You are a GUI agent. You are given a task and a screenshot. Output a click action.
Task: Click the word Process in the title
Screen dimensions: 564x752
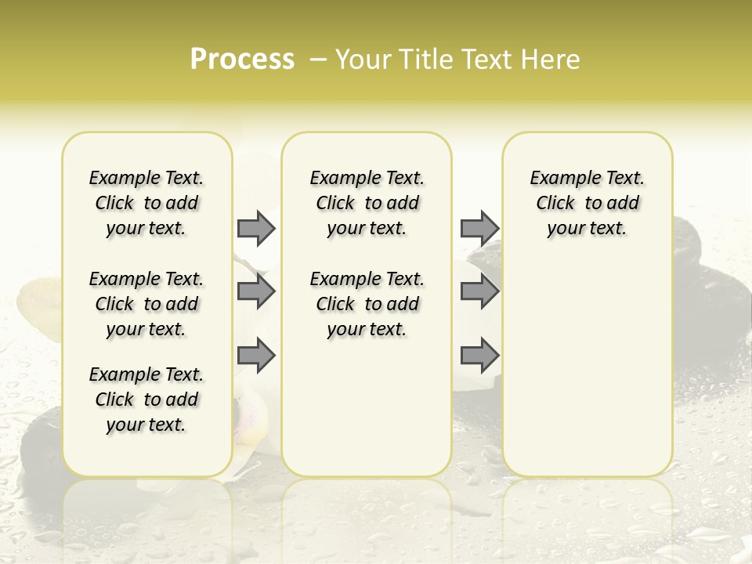point(242,60)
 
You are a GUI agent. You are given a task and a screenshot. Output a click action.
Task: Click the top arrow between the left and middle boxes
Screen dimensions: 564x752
point(256,228)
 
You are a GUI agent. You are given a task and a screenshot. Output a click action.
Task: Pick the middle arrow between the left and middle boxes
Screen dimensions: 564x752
point(256,291)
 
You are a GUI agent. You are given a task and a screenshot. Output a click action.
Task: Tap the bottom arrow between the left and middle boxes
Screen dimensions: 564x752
point(256,356)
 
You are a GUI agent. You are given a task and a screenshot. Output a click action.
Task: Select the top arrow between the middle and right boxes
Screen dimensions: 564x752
point(479,228)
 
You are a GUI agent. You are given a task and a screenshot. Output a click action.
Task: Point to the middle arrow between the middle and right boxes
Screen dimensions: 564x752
point(479,291)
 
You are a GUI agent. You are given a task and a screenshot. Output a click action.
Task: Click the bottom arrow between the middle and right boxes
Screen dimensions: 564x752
point(479,356)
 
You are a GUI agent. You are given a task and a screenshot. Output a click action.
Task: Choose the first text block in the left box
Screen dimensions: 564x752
point(146,203)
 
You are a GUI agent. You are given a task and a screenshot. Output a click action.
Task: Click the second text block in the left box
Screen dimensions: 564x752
point(146,304)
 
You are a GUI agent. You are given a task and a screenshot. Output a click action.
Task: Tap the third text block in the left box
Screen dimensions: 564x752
point(146,399)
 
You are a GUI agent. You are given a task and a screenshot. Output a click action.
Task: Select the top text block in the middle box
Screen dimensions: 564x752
point(367,203)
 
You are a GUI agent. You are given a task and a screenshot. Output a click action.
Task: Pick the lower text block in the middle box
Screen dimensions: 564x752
point(367,304)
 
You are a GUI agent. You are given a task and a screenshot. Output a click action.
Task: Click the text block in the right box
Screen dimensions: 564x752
point(587,203)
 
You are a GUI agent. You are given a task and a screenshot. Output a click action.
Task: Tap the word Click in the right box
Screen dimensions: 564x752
point(555,204)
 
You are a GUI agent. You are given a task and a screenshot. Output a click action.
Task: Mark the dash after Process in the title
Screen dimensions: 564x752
point(318,60)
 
